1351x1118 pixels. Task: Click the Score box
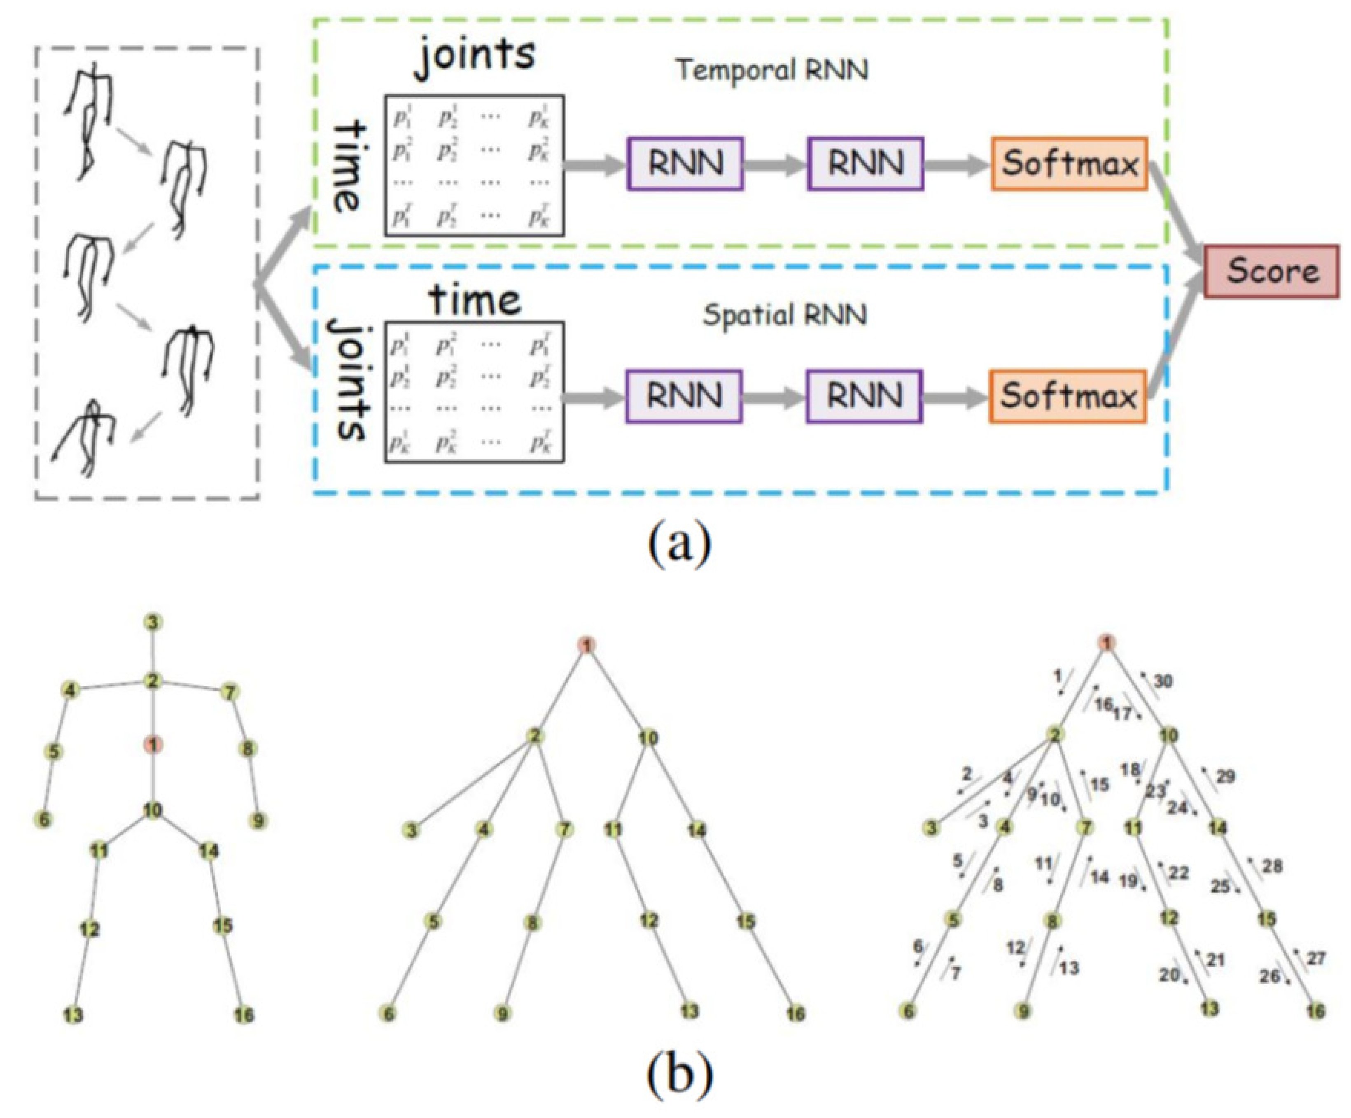[x=1271, y=271]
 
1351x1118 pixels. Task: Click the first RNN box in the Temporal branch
[x=685, y=163]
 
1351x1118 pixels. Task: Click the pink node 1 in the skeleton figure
[x=152, y=745]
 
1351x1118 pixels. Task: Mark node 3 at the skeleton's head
[x=152, y=622]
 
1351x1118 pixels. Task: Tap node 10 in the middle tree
[x=648, y=737]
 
